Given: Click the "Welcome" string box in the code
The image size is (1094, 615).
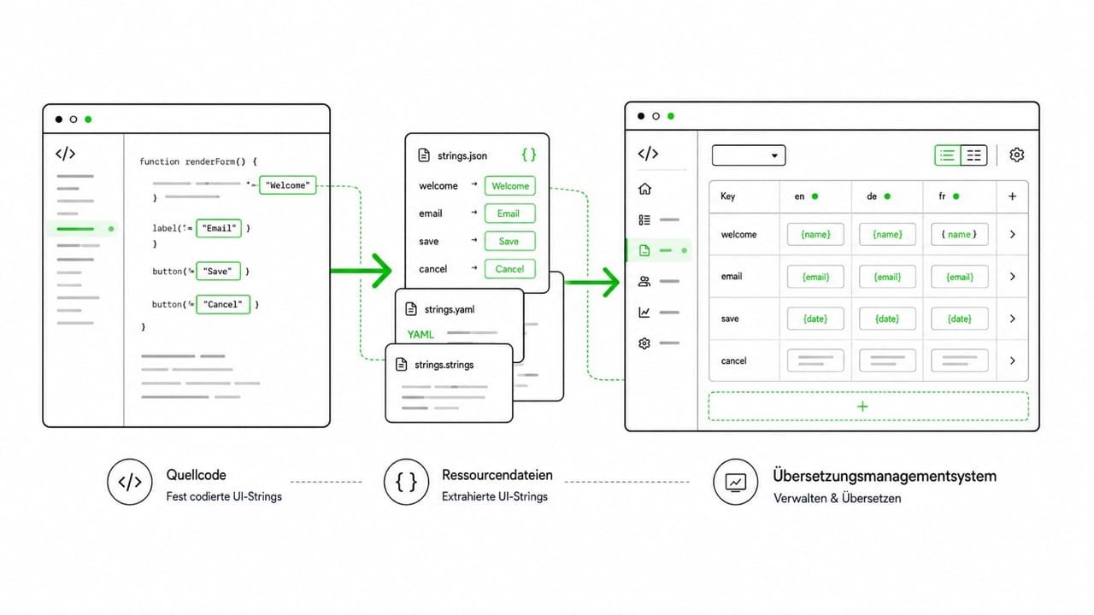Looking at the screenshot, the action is [288, 185].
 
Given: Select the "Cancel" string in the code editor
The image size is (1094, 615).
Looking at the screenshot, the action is [223, 304].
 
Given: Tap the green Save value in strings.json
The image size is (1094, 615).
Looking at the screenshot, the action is [509, 241].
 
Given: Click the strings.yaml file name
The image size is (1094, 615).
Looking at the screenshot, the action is [450, 309].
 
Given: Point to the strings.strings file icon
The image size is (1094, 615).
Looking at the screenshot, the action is [402, 364].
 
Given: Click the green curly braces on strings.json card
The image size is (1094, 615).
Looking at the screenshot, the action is [528, 155].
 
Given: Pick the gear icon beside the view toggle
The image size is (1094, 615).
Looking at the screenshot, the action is [1017, 155].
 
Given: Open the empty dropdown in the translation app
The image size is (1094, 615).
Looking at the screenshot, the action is [749, 155].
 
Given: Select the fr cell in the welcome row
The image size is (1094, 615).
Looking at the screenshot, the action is [960, 234].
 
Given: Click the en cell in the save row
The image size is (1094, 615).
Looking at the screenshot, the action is [815, 319].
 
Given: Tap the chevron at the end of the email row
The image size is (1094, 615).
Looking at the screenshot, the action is [1013, 277].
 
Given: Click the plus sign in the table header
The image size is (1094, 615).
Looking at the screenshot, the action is [1013, 196].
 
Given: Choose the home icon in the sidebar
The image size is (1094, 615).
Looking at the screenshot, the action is [644, 189].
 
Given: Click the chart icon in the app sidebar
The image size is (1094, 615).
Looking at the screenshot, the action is [644, 312].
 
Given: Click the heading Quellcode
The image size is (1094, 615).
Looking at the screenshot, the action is [196, 475].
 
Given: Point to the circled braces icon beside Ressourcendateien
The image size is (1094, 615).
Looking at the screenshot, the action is [406, 482].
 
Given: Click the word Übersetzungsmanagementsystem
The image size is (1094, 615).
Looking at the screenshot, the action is [885, 476].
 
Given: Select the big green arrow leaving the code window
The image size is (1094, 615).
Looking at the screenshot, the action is [361, 271].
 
